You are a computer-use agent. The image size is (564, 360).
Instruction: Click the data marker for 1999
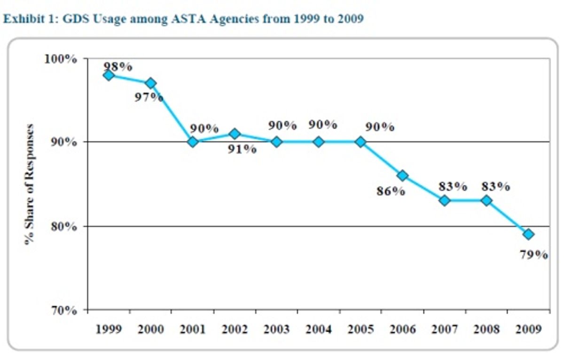point(109,75)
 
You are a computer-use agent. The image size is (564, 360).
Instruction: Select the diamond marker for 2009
point(528,234)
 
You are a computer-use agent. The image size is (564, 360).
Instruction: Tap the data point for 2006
point(402,175)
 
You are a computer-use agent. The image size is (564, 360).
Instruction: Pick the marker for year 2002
point(235,134)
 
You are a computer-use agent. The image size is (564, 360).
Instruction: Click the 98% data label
point(118,66)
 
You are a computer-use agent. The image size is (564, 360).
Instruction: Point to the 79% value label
point(533,255)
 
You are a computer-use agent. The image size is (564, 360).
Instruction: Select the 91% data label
point(242,149)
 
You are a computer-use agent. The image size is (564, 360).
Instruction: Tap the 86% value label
point(391,192)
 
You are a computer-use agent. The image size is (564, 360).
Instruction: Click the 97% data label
point(149,98)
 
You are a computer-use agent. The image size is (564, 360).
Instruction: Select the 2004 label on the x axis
point(319,329)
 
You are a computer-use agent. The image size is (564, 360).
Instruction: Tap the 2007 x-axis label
point(445,329)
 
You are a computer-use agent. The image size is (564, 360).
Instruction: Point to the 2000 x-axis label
point(150,329)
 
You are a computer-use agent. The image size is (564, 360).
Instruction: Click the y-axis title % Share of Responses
point(30,184)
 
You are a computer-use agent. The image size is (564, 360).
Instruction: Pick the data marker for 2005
point(360,142)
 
